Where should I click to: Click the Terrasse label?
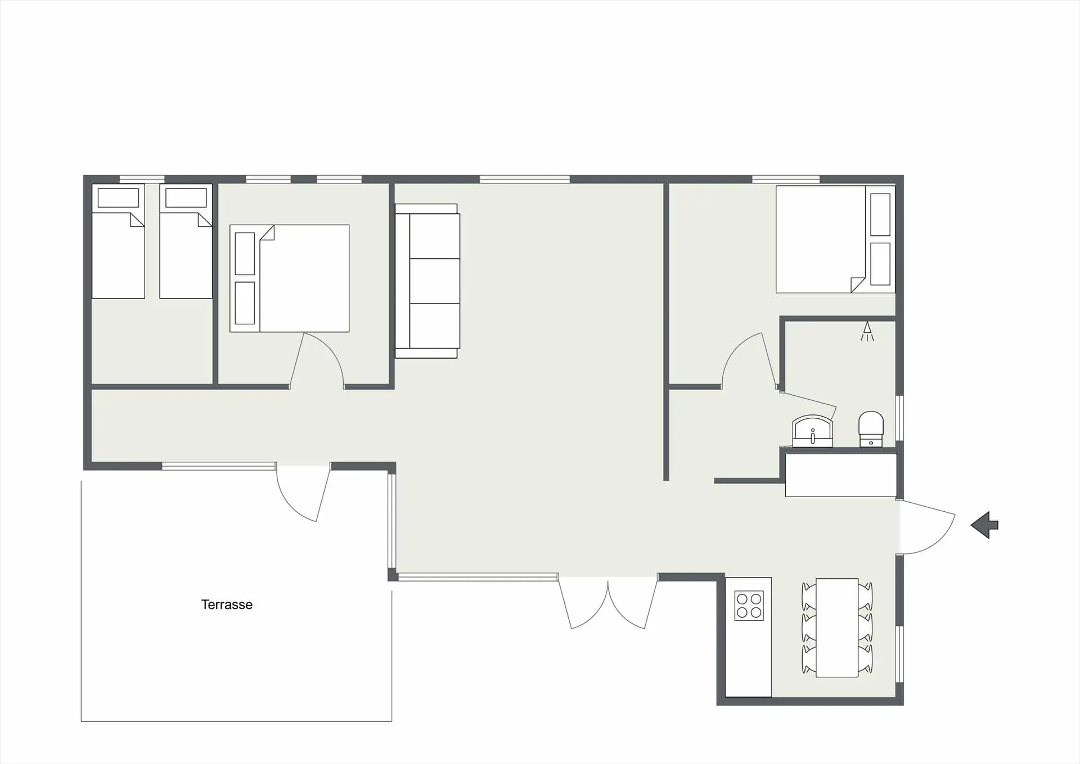(x=227, y=604)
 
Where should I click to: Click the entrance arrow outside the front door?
(x=984, y=525)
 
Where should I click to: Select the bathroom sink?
(x=812, y=431)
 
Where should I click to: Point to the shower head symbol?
(x=867, y=331)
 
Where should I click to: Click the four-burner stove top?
(x=749, y=606)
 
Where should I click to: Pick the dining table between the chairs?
(x=837, y=628)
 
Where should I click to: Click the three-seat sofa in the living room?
(x=427, y=281)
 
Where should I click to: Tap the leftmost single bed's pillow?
(x=118, y=198)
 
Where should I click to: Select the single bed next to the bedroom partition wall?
(x=186, y=242)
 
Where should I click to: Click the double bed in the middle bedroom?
(x=290, y=278)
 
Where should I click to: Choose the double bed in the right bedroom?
(x=835, y=239)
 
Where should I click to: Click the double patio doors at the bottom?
(x=608, y=602)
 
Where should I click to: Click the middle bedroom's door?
(x=316, y=360)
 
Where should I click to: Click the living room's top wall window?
(x=525, y=179)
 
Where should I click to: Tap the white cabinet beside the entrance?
(x=841, y=475)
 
